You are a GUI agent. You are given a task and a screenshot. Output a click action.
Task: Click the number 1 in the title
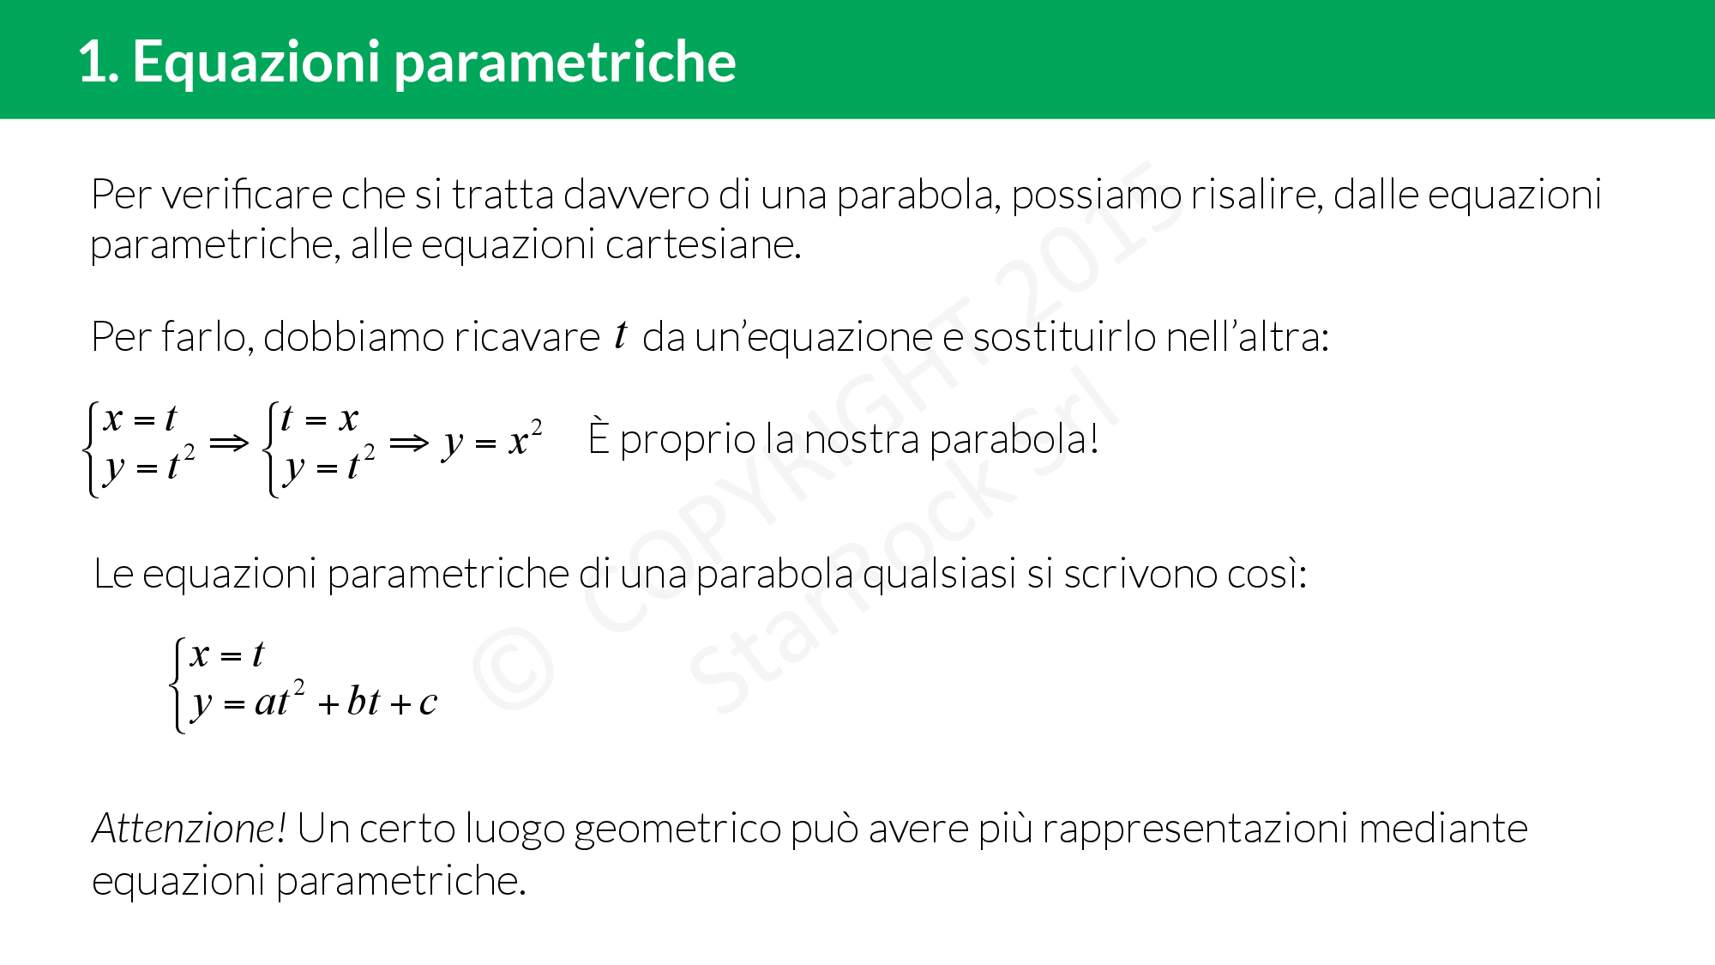point(93,63)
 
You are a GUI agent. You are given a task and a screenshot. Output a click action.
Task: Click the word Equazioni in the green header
point(256,63)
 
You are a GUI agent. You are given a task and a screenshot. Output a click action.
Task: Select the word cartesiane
point(703,245)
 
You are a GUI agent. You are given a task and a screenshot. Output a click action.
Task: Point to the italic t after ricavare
point(621,334)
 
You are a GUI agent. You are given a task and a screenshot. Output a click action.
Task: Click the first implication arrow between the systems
point(229,443)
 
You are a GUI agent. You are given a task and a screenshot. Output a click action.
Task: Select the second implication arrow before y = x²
point(409,443)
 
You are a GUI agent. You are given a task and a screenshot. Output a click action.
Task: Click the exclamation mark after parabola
point(1093,439)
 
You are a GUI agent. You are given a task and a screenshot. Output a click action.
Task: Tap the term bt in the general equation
point(363,702)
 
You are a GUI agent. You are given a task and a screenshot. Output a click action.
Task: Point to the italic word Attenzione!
point(189,829)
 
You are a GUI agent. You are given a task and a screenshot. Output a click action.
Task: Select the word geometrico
point(677,830)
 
